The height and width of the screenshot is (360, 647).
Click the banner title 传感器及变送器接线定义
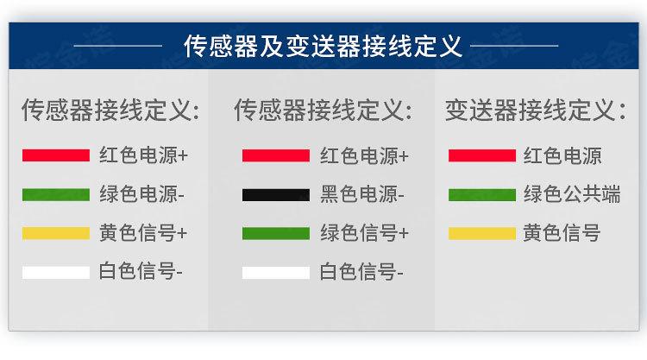(323, 45)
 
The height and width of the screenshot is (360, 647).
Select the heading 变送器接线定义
(535, 111)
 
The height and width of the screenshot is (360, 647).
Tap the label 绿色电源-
(141, 194)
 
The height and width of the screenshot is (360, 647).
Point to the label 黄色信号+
(143, 233)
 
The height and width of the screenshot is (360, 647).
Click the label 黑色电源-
(362, 194)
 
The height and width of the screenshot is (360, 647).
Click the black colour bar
(275, 195)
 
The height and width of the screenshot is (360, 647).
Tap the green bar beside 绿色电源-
(56, 195)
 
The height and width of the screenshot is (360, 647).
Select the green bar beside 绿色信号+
(275, 234)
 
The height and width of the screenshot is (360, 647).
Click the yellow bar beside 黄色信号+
(56, 234)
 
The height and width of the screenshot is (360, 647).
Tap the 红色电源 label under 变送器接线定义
(562, 156)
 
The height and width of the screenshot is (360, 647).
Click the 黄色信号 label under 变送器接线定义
(562, 233)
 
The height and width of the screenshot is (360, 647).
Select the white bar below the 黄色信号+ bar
(56, 273)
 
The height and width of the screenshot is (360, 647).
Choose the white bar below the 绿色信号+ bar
(275, 273)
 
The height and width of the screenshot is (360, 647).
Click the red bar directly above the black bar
(275, 156)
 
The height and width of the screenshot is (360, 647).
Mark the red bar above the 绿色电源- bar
(56, 156)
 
